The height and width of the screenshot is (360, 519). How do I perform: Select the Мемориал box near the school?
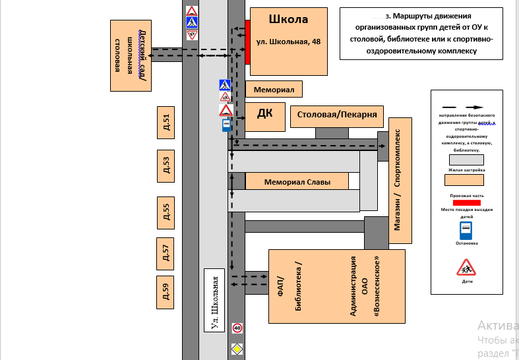tap(274, 88)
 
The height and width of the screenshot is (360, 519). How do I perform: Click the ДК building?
tap(264, 115)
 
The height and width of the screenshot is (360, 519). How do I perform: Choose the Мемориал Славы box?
tap(297, 182)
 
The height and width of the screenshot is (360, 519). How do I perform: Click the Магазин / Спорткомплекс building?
tap(400, 180)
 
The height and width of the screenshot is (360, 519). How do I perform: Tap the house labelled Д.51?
tap(166, 122)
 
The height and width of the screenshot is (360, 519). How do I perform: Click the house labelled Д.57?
tap(166, 254)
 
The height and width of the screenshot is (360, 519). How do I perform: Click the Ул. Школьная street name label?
tap(215, 301)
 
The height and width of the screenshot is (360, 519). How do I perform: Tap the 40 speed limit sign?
tap(237, 328)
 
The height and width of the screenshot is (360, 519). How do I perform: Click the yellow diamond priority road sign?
tap(237, 347)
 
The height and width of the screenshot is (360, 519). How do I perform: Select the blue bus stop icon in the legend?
tap(466, 229)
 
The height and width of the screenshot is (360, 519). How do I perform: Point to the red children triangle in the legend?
tap(466, 268)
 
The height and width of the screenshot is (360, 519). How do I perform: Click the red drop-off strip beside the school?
tap(247, 42)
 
